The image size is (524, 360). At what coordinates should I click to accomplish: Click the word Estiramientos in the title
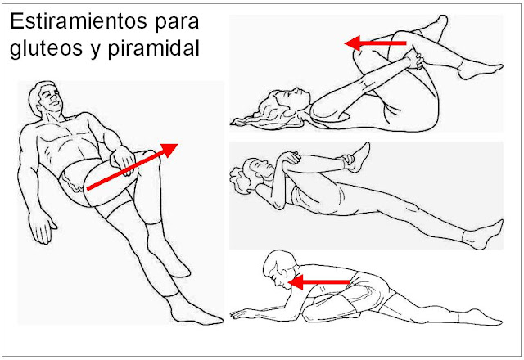coord(79,22)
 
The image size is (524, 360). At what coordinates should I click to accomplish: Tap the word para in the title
coord(177,24)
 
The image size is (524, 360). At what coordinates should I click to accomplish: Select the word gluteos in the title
coord(46,48)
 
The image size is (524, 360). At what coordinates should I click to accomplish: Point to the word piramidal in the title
coord(153,48)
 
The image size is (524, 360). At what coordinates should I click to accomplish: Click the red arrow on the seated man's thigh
coord(133,167)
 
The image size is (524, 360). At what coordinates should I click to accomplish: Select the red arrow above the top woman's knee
coord(375,43)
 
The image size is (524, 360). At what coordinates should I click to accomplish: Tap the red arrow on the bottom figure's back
coord(318,282)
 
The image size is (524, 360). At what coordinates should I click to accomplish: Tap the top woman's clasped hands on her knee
coord(414,60)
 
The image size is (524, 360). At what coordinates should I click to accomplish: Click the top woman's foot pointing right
coord(481,71)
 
